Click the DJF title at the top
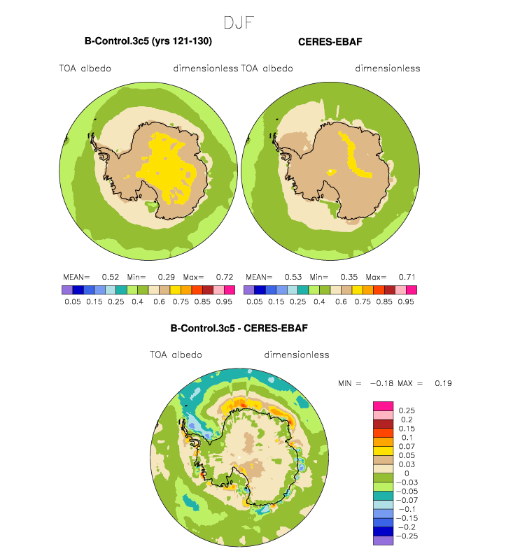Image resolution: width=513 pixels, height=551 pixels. (x=239, y=23)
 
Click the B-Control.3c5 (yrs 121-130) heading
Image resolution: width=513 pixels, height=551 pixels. (x=148, y=41)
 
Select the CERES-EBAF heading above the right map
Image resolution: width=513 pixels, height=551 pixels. (x=330, y=42)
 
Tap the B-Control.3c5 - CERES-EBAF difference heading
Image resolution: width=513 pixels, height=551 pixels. (x=239, y=328)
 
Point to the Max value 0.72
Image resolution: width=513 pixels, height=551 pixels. (x=225, y=277)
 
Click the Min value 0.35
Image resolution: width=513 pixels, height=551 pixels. (x=349, y=277)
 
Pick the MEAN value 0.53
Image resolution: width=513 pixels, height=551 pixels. (x=293, y=277)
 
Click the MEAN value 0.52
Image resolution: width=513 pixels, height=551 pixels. (x=111, y=277)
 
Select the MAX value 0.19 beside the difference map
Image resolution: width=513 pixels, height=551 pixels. (x=443, y=383)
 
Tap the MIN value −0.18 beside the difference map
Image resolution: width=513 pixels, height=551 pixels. (x=381, y=383)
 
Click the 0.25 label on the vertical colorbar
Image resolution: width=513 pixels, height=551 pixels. (x=407, y=410)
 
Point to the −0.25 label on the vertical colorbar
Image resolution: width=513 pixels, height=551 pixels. (x=407, y=536)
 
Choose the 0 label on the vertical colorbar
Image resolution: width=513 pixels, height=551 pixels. (x=407, y=473)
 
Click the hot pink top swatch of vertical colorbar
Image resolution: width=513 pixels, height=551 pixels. (x=383, y=406)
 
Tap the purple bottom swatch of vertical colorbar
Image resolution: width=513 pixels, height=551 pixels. (x=383, y=541)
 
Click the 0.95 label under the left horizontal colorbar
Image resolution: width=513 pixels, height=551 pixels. (x=224, y=302)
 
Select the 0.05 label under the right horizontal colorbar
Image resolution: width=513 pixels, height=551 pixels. (x=254, y=302)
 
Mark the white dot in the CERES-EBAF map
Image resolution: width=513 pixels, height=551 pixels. (x=330, y=171)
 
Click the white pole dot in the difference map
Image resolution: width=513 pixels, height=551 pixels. (x=239, y=457)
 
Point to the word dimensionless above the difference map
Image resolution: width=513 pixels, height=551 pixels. (x=297, y=355)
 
